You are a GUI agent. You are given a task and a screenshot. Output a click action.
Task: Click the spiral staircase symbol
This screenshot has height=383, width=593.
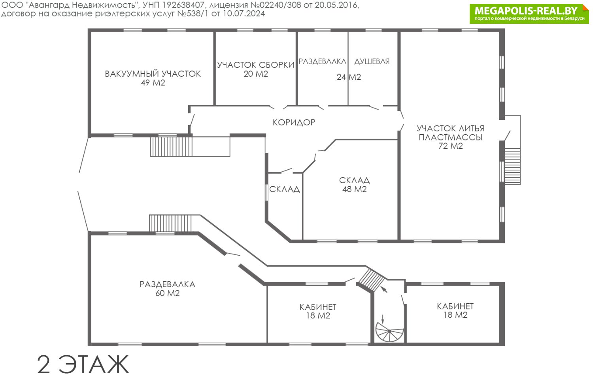coord(389,332)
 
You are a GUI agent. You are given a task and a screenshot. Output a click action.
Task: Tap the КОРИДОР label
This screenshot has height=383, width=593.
coord(294,122)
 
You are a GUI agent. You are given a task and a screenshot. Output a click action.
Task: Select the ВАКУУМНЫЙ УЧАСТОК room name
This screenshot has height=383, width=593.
coord(153,74)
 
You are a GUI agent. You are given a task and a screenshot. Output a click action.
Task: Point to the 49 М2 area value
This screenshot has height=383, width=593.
coord(153,83)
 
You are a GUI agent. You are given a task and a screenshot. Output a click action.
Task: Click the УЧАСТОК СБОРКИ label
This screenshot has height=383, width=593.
coord(255,65)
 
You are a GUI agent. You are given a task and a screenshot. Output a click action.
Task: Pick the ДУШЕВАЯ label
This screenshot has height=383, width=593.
coord(372,61)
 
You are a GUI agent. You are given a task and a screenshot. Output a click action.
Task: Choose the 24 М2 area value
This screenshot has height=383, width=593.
coord(349,77)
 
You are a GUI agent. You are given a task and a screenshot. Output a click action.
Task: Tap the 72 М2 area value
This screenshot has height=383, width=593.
coord(451,146)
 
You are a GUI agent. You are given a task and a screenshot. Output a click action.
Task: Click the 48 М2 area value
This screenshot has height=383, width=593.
coord(355,189)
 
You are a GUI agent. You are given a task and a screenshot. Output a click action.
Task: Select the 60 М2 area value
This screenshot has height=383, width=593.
coord(167,293)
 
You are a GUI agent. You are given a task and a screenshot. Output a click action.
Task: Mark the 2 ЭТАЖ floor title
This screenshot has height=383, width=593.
coord(83,364)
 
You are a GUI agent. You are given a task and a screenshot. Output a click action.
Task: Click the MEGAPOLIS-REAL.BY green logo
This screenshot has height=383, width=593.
coord(529,14)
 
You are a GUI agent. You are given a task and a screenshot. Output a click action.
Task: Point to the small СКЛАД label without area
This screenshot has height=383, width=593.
coord(284,189)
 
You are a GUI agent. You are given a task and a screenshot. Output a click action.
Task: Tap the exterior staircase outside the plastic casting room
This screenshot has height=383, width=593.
coord(512,166)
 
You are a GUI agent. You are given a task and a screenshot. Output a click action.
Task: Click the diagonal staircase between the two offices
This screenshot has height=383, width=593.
coord(371,280)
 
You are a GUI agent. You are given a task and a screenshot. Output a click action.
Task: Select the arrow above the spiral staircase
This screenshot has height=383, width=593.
coord(384,290)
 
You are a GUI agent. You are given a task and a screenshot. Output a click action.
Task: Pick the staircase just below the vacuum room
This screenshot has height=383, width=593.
coord(171,146)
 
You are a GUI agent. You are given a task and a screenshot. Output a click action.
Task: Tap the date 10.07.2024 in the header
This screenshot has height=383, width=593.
coord(244,13)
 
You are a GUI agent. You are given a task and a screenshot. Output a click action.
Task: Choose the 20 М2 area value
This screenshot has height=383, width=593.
coord(256,74)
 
